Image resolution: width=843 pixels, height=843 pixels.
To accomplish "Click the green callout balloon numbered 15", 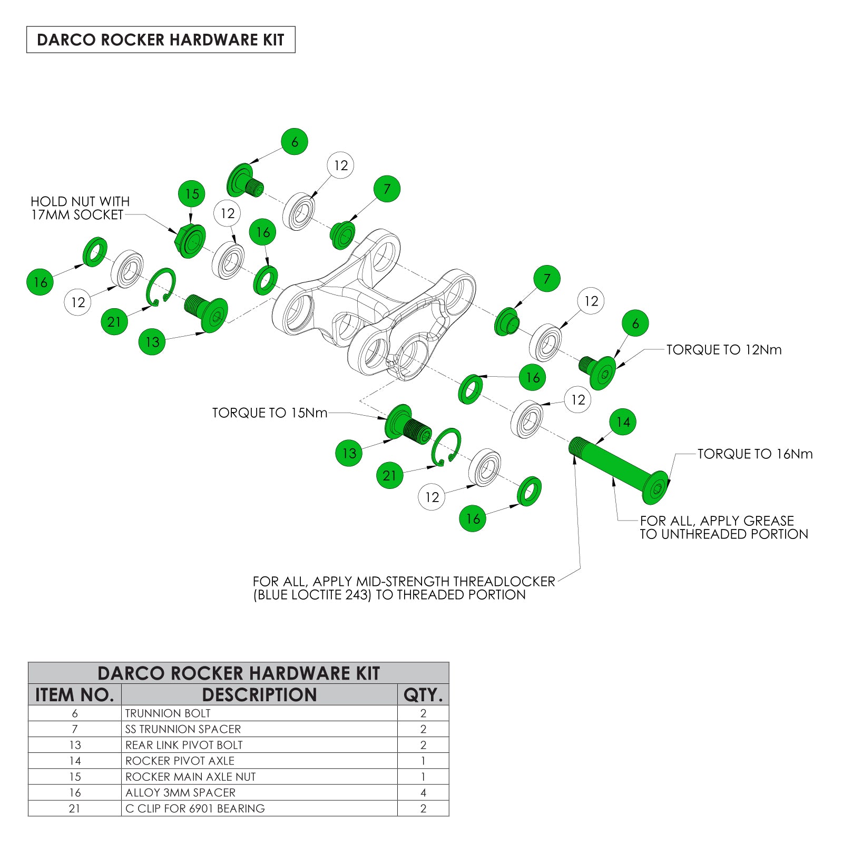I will tap(192, 194).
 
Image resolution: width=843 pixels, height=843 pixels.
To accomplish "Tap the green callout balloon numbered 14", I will tap(623, 422).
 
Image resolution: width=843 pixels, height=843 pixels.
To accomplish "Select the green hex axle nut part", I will tap(189, 241).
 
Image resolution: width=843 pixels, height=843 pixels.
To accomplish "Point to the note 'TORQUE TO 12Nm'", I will tap(723, 350).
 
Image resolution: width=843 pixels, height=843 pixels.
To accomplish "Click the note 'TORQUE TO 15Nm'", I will tap(269, 413).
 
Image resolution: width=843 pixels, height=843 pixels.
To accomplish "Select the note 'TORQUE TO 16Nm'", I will tap(754, 454).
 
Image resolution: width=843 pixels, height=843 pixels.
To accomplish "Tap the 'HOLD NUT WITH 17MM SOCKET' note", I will tap(80, 208).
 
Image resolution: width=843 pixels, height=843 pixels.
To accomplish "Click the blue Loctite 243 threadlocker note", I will tap(404, 589).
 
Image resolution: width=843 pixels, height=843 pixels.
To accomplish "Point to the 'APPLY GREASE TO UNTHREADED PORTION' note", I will tap(723, 527).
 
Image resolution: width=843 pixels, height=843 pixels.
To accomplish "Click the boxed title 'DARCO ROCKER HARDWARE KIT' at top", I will tap(161, 40).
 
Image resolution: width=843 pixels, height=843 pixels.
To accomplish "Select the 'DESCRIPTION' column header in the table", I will tap(259, 695).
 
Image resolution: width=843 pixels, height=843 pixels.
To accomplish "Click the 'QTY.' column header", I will tap(423, 695).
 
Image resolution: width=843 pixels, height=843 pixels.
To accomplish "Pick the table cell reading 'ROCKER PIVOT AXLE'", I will tap(180, 761).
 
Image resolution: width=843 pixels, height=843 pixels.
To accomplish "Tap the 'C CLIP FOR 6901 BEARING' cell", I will tap(195, 808).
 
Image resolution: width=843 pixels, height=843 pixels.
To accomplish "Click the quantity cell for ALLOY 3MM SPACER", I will tap(423, 792).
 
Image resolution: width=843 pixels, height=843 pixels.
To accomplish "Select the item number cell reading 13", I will tap(75, 745).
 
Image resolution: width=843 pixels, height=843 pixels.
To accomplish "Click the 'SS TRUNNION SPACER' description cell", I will tap(183, 729).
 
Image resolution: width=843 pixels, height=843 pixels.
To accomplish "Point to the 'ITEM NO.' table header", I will tap(75, 695).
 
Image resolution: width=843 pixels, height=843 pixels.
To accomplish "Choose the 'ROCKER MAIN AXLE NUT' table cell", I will tap(190, 777).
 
